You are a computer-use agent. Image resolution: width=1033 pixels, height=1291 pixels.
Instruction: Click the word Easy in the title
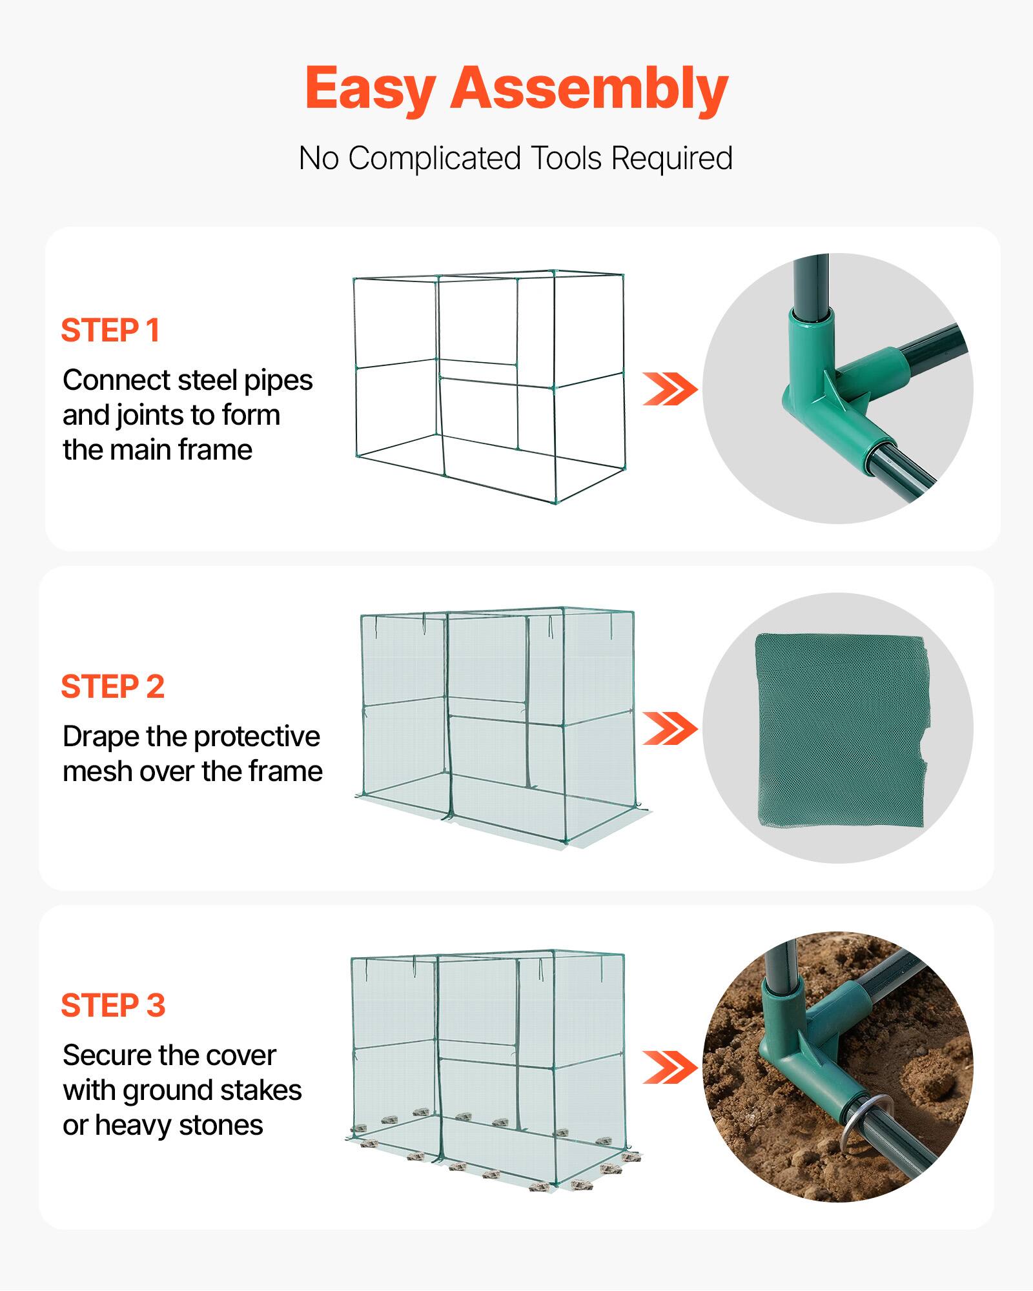pos(370,89)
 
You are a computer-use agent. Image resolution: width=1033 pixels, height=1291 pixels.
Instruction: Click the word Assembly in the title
pos(589,89)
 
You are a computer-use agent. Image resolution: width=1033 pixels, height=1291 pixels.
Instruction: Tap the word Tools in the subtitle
pos(566,158)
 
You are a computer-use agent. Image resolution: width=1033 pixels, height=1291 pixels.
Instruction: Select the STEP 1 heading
pos(110,330)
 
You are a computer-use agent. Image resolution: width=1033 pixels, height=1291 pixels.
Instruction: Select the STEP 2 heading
pos(113,687)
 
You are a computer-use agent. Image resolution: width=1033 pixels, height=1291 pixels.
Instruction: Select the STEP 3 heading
pos(114,1006)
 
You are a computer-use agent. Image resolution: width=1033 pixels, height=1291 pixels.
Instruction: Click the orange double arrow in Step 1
pos(670,389)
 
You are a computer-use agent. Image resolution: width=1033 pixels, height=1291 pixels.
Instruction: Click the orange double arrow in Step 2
pos(670,729)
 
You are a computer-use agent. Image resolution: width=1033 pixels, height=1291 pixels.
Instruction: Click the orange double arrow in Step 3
pos(670,1068)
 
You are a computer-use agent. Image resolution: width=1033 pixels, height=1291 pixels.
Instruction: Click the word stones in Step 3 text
pos(221,1126)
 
